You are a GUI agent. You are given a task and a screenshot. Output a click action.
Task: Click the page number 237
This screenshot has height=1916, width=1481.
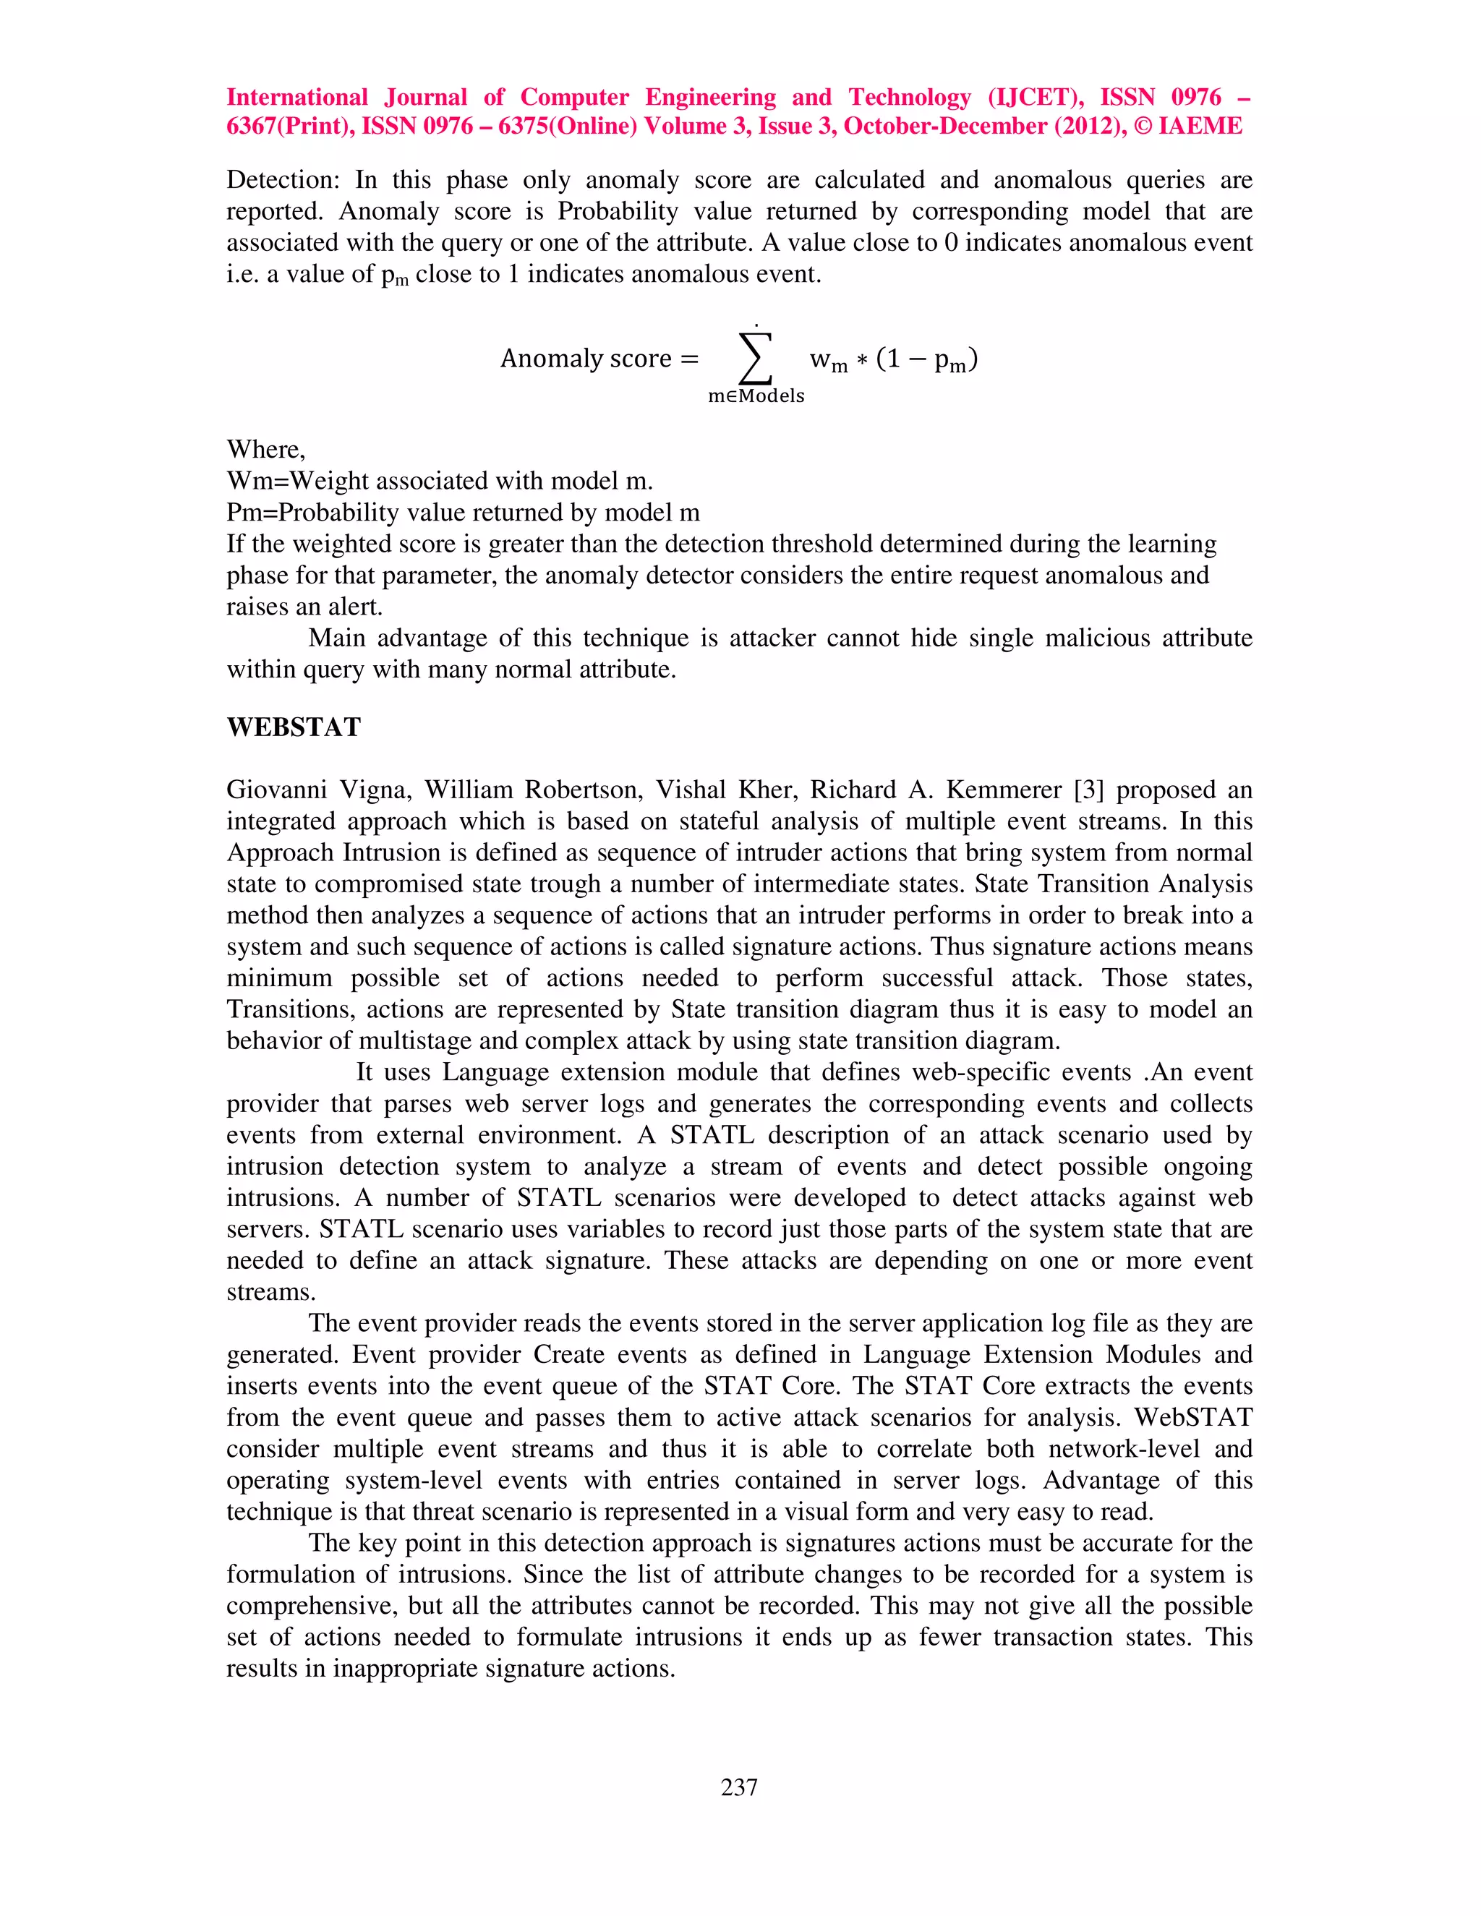(x=739, y=1787)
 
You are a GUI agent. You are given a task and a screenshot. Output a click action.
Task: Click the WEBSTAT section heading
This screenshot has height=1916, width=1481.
(x=293, y=727)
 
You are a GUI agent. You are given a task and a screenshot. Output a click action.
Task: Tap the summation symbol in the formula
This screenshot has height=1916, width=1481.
(x=756, y=358)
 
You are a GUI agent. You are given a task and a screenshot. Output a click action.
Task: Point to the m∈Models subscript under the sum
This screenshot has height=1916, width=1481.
(x=756, y=396)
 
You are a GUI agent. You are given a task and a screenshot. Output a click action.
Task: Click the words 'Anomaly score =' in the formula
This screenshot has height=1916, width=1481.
(x=599, y=359)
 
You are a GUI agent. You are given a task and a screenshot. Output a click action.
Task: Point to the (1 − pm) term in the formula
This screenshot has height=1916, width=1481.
(x=926, y=359)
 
